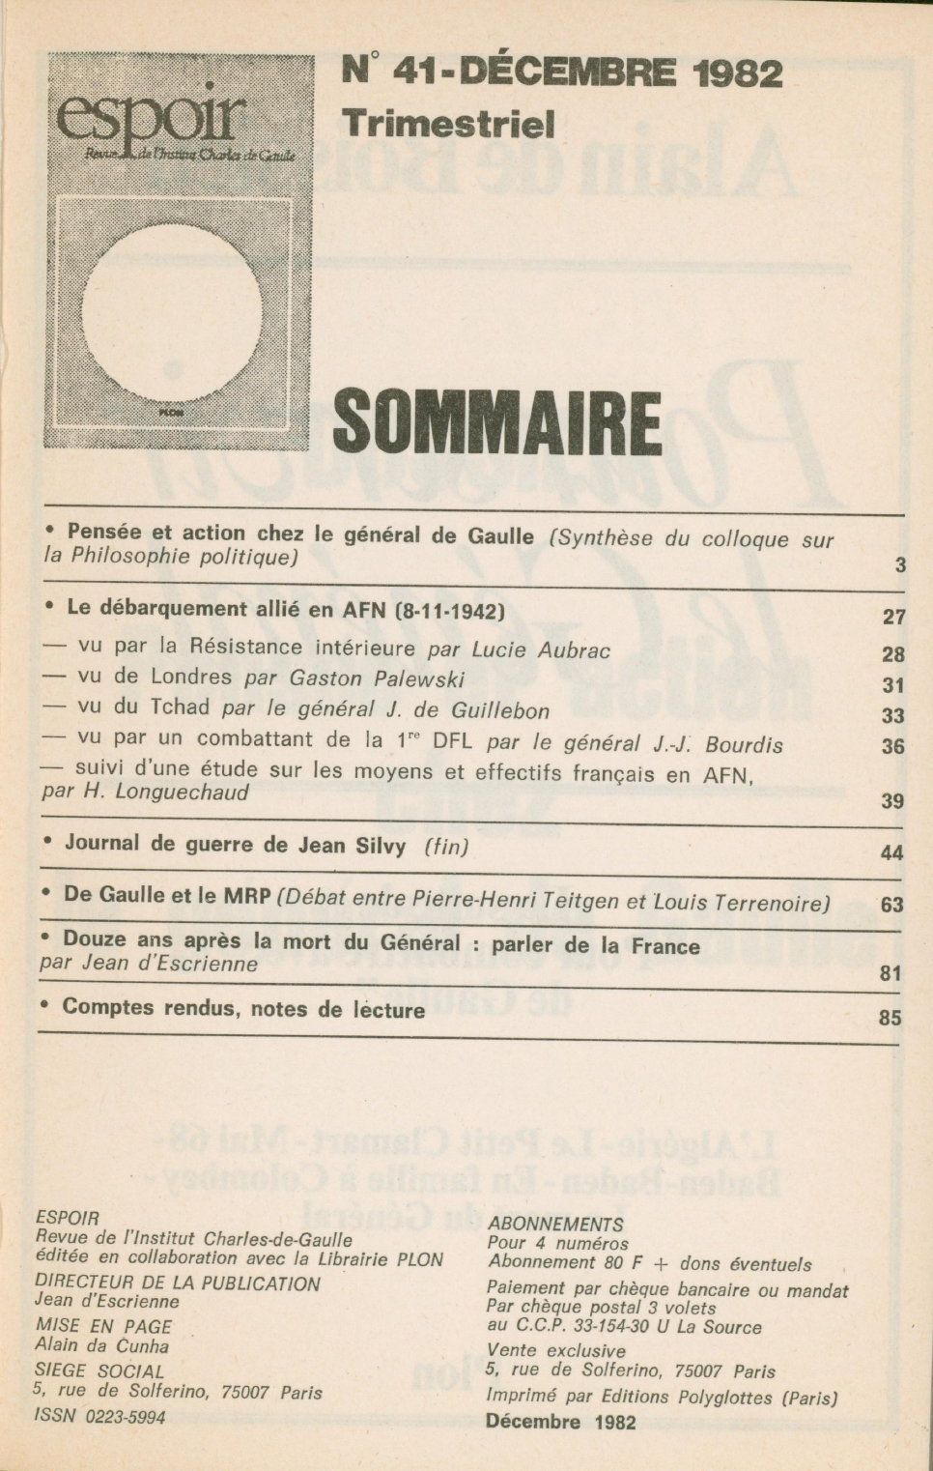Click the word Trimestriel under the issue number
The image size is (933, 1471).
pos(448,123)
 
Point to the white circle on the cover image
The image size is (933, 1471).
pos(172,309)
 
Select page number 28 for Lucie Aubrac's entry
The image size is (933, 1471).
pos(893,654)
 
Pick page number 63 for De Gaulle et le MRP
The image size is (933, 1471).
pos(892,905)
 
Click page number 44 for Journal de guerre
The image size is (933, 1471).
pos(892,852)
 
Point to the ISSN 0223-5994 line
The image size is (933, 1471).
pos(99,1417)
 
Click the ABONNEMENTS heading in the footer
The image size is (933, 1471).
pos(555,1224)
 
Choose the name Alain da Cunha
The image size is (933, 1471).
pos(101,1345)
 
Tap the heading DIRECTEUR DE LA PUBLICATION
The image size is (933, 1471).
pos(177,1284)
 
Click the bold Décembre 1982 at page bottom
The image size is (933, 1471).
pos(560,1422)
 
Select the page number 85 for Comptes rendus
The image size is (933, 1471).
pos(890,1018)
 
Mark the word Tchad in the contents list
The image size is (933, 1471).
pos(181,708)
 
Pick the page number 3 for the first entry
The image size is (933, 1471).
pos(900,565)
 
